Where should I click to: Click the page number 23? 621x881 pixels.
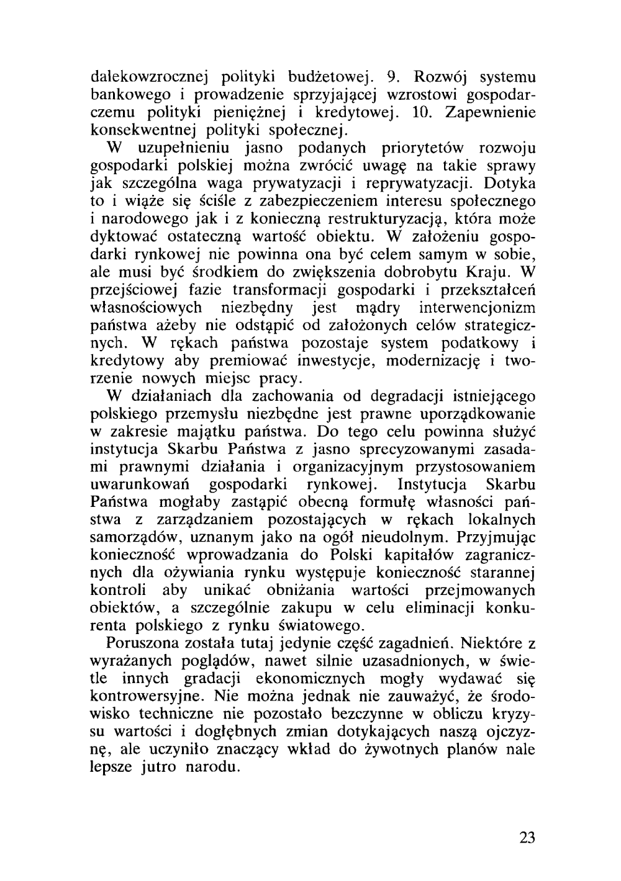point(526,837)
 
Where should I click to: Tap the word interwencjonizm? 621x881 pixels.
point(477,307)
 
